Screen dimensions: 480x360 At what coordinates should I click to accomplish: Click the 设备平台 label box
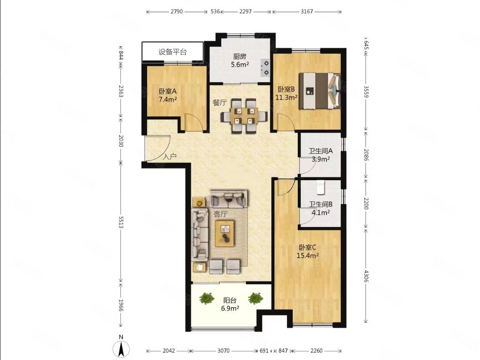[x=172, y=52]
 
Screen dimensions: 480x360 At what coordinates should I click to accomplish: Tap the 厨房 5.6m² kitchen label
[x=240, y=60]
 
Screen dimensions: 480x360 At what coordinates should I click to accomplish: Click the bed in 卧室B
[x=319, y=91]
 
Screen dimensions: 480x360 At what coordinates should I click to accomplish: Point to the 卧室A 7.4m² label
[x=168, y=95]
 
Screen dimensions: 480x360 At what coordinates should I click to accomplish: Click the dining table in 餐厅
[x=244, y=116]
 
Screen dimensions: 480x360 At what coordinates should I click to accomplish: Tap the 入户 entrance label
[x=170, y=157]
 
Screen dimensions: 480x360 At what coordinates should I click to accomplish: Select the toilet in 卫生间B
[x=321, y=187]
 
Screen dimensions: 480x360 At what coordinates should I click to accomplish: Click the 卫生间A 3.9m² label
[x=321, y=155]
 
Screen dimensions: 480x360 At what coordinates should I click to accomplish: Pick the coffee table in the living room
[x=225, y=233]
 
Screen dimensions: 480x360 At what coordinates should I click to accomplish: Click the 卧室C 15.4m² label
[x=307, y=251]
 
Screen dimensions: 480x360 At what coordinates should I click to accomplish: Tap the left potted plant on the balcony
[x=206, y=298]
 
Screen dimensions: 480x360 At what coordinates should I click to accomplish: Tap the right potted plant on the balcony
[x=256, y=298]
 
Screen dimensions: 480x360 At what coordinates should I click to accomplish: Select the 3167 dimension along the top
[x=307, y=12]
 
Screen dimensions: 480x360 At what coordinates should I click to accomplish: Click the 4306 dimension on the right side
[x=366, y=275]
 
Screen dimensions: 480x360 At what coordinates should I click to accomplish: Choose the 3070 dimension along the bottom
[x=224, y=351]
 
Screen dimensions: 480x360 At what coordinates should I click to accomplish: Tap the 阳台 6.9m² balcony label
[x=230, y=304]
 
